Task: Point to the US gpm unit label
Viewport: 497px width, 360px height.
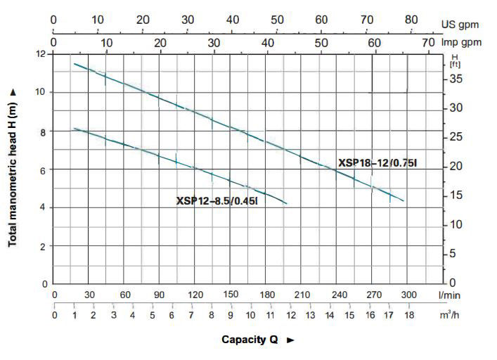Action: click(460, 25)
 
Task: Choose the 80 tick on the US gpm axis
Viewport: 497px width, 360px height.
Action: click(411, 19)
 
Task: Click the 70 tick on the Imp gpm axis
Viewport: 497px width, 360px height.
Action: click(427, 43)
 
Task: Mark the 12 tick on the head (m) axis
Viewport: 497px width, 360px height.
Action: click(41, 54)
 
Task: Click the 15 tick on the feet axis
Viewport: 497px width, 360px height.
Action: click(456, 195)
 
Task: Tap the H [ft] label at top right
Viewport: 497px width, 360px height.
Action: click(454, 60)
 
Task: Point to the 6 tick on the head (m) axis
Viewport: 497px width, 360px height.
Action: click(44, 169)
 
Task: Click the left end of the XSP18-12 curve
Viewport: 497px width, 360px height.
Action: click(74, 64)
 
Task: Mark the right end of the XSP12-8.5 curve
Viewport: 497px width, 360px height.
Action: click(287, 204)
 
